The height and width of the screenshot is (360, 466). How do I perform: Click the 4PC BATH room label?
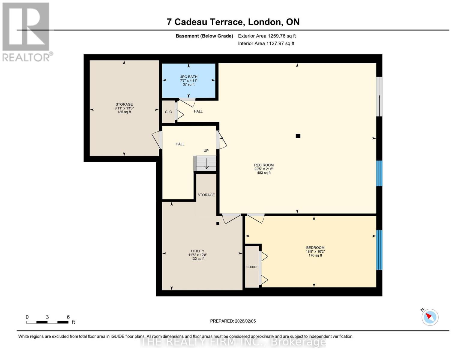coord(189,77)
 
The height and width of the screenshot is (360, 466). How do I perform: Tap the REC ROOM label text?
coord(264,165)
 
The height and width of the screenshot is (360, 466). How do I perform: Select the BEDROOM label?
coord(315,248)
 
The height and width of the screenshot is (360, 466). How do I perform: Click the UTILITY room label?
coord(198,251)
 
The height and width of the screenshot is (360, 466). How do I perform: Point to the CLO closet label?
coord(168,112)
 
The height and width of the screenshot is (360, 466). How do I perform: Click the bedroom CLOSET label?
coord(252,267)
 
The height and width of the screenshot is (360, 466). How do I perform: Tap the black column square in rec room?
coord(298,136)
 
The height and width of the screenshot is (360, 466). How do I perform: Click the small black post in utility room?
coord(218,223)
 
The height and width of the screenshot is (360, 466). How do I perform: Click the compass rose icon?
coord(430,317)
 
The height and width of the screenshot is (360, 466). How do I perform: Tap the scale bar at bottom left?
coord(47,322)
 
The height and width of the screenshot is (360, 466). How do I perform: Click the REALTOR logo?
coord(26,31)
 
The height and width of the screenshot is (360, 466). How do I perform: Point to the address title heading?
coord(233,22)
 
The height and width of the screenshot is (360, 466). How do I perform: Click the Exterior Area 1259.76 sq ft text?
coord(267,36)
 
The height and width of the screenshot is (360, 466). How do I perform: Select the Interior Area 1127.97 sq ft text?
coord(266,43)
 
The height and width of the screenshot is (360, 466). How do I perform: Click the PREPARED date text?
coord(233,321)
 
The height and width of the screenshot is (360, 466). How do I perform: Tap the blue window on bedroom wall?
coord(379,250)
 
